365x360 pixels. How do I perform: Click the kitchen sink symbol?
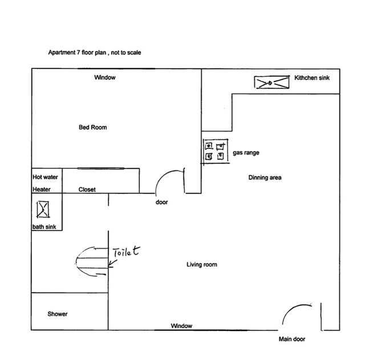(269, 83)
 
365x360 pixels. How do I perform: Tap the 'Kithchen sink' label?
(312, 78)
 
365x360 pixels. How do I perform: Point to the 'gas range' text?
(246, 153)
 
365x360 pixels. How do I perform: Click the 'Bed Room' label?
(92, 127)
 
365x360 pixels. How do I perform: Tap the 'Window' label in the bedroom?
(105, 77)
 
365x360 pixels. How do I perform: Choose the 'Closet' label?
(87, 189)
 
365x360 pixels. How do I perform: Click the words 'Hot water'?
(45, 177)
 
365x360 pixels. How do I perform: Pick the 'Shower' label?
(58, 314)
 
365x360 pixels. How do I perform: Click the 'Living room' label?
(202, 264)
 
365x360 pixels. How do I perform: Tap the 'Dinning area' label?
(265, 177)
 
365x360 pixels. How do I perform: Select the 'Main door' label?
(291, 339)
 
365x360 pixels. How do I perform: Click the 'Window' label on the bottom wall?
(181, 326)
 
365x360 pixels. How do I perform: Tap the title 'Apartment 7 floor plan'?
(94, 52)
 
